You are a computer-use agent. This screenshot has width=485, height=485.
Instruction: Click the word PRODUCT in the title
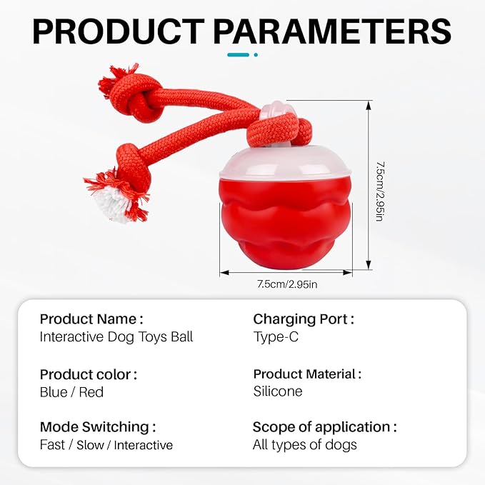[119, 31]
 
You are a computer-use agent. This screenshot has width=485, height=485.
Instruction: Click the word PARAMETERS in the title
[333, 31]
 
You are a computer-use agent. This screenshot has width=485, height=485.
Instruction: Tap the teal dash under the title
[238, 55]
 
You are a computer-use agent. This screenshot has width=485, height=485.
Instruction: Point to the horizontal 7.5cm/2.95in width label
[287, 284]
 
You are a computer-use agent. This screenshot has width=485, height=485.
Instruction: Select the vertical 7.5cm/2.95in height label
[380, 191]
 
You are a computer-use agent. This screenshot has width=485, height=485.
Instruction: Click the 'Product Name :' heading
[91, 319]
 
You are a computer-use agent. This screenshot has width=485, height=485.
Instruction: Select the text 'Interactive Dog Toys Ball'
[116, 337]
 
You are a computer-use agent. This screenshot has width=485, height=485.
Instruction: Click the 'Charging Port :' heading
[304, 319]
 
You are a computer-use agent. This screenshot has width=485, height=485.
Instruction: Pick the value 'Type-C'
[276, 337]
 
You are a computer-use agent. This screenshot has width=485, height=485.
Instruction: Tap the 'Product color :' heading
[89, 374]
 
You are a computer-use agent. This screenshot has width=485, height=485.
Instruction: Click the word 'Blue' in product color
[54, 392]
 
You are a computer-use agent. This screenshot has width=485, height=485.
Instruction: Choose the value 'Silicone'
[278, 391]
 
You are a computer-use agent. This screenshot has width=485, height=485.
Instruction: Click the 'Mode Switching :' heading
[98, 427]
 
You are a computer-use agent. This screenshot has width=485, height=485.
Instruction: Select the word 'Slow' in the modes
[90, 446]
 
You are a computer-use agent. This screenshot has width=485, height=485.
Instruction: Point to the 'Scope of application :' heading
[325, 427]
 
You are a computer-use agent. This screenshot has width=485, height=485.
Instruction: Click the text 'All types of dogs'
[305, 445]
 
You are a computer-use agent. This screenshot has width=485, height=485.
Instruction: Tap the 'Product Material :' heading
[307, 374]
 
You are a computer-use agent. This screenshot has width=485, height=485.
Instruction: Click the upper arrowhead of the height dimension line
[368, 106]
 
